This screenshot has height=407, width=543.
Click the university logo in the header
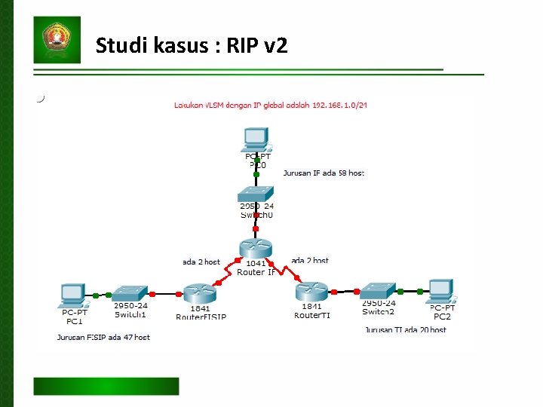click(57, 39)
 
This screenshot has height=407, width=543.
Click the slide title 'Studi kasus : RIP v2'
click(192, 47)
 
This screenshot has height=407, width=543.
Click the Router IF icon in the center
click(256, 248)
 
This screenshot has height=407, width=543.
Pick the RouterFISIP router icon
click(200, 294)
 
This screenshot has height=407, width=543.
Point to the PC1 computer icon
click(73, 294)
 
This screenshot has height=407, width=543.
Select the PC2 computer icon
click(440, 290)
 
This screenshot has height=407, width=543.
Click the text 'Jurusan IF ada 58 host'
click(324, 173)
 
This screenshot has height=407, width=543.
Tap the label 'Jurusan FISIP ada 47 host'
click(103, 337)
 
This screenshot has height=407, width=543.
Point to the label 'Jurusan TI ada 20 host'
click(406, 329)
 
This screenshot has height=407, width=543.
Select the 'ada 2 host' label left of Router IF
click(201, 262)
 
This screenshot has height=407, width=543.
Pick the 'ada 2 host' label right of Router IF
click(310, 261)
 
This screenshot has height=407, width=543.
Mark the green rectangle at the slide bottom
click(106, 386)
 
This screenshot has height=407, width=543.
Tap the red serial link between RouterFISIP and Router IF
click(225, 273)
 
